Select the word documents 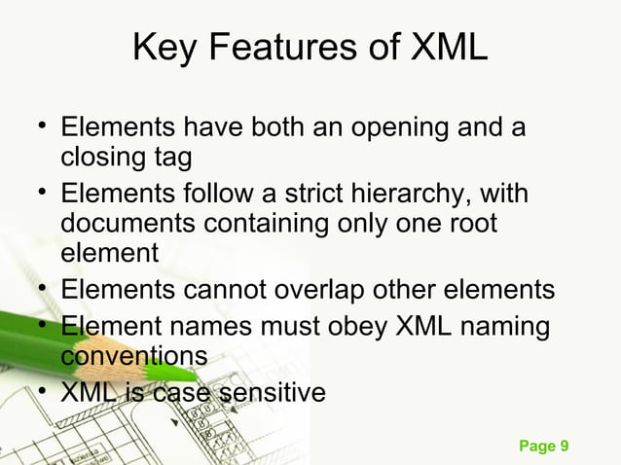point(128,225)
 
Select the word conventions point(134,356)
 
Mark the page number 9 point(563,447)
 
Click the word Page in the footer point(536,447)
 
